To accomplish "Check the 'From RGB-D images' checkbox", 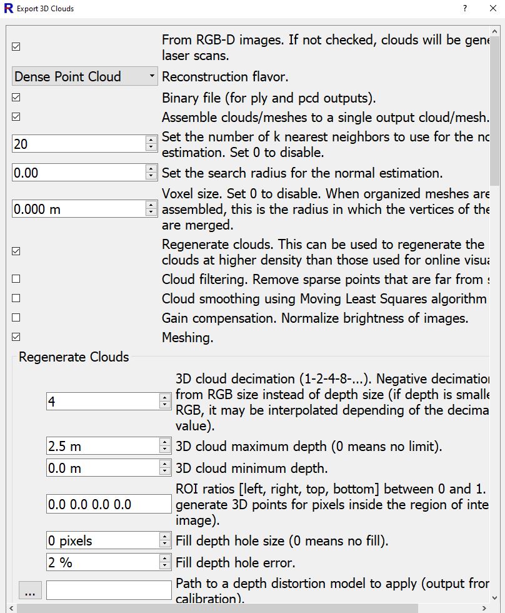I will [16, 47].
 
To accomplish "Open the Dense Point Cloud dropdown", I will [84, 76].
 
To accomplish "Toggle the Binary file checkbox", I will [16, 98].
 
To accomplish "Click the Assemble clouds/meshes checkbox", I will [16, 117].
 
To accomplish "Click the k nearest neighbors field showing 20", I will [78, 144].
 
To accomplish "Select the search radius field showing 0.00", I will [78, 173].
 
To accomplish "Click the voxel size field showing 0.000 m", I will [78, 209].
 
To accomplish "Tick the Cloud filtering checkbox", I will [16, 279].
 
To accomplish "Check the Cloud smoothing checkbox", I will [16, 298].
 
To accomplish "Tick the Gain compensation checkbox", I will [16, 318].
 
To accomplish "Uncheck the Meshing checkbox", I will [16, 337].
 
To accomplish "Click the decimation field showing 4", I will [102, 402].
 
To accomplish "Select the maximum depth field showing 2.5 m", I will [102, 446].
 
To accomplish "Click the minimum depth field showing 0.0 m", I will [102, 468].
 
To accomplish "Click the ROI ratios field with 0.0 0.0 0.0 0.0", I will [108, 504].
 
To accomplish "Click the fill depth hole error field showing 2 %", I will [102, 562].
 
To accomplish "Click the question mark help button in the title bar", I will [465, 9].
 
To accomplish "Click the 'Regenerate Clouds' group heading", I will [74, 357].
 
